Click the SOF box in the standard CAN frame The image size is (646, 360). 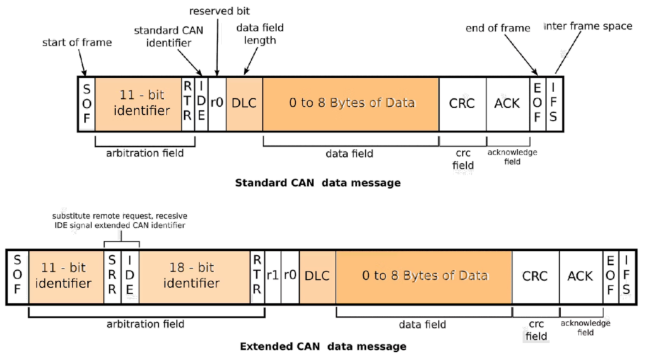point(86,104)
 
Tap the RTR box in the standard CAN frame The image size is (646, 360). point(187,104)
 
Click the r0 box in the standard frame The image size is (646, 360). point(216,103)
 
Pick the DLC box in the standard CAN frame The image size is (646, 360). point(244,103)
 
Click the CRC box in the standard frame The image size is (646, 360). point(462,103)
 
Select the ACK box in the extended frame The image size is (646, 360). point(580,276)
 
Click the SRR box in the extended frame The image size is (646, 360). point(112,276)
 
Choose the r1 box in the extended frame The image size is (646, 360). point(274,276)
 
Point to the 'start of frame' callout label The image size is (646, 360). point(77,43)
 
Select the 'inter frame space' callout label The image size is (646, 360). point(587,26)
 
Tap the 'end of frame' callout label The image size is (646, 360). point(498,28)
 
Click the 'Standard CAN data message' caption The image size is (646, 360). point(317,183)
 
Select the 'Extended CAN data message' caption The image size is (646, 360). point(323,346)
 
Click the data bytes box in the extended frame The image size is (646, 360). point(424,276)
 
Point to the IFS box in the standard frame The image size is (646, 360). point(553,104)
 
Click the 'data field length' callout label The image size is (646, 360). point(260,34)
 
